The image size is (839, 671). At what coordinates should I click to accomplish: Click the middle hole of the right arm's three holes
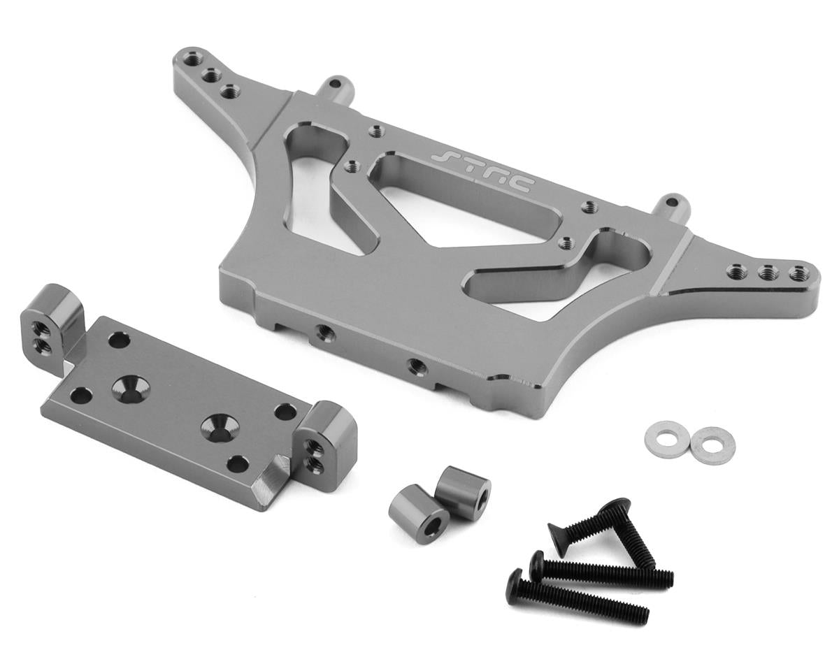(768, 271)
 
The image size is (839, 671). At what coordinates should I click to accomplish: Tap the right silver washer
(708, 440)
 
